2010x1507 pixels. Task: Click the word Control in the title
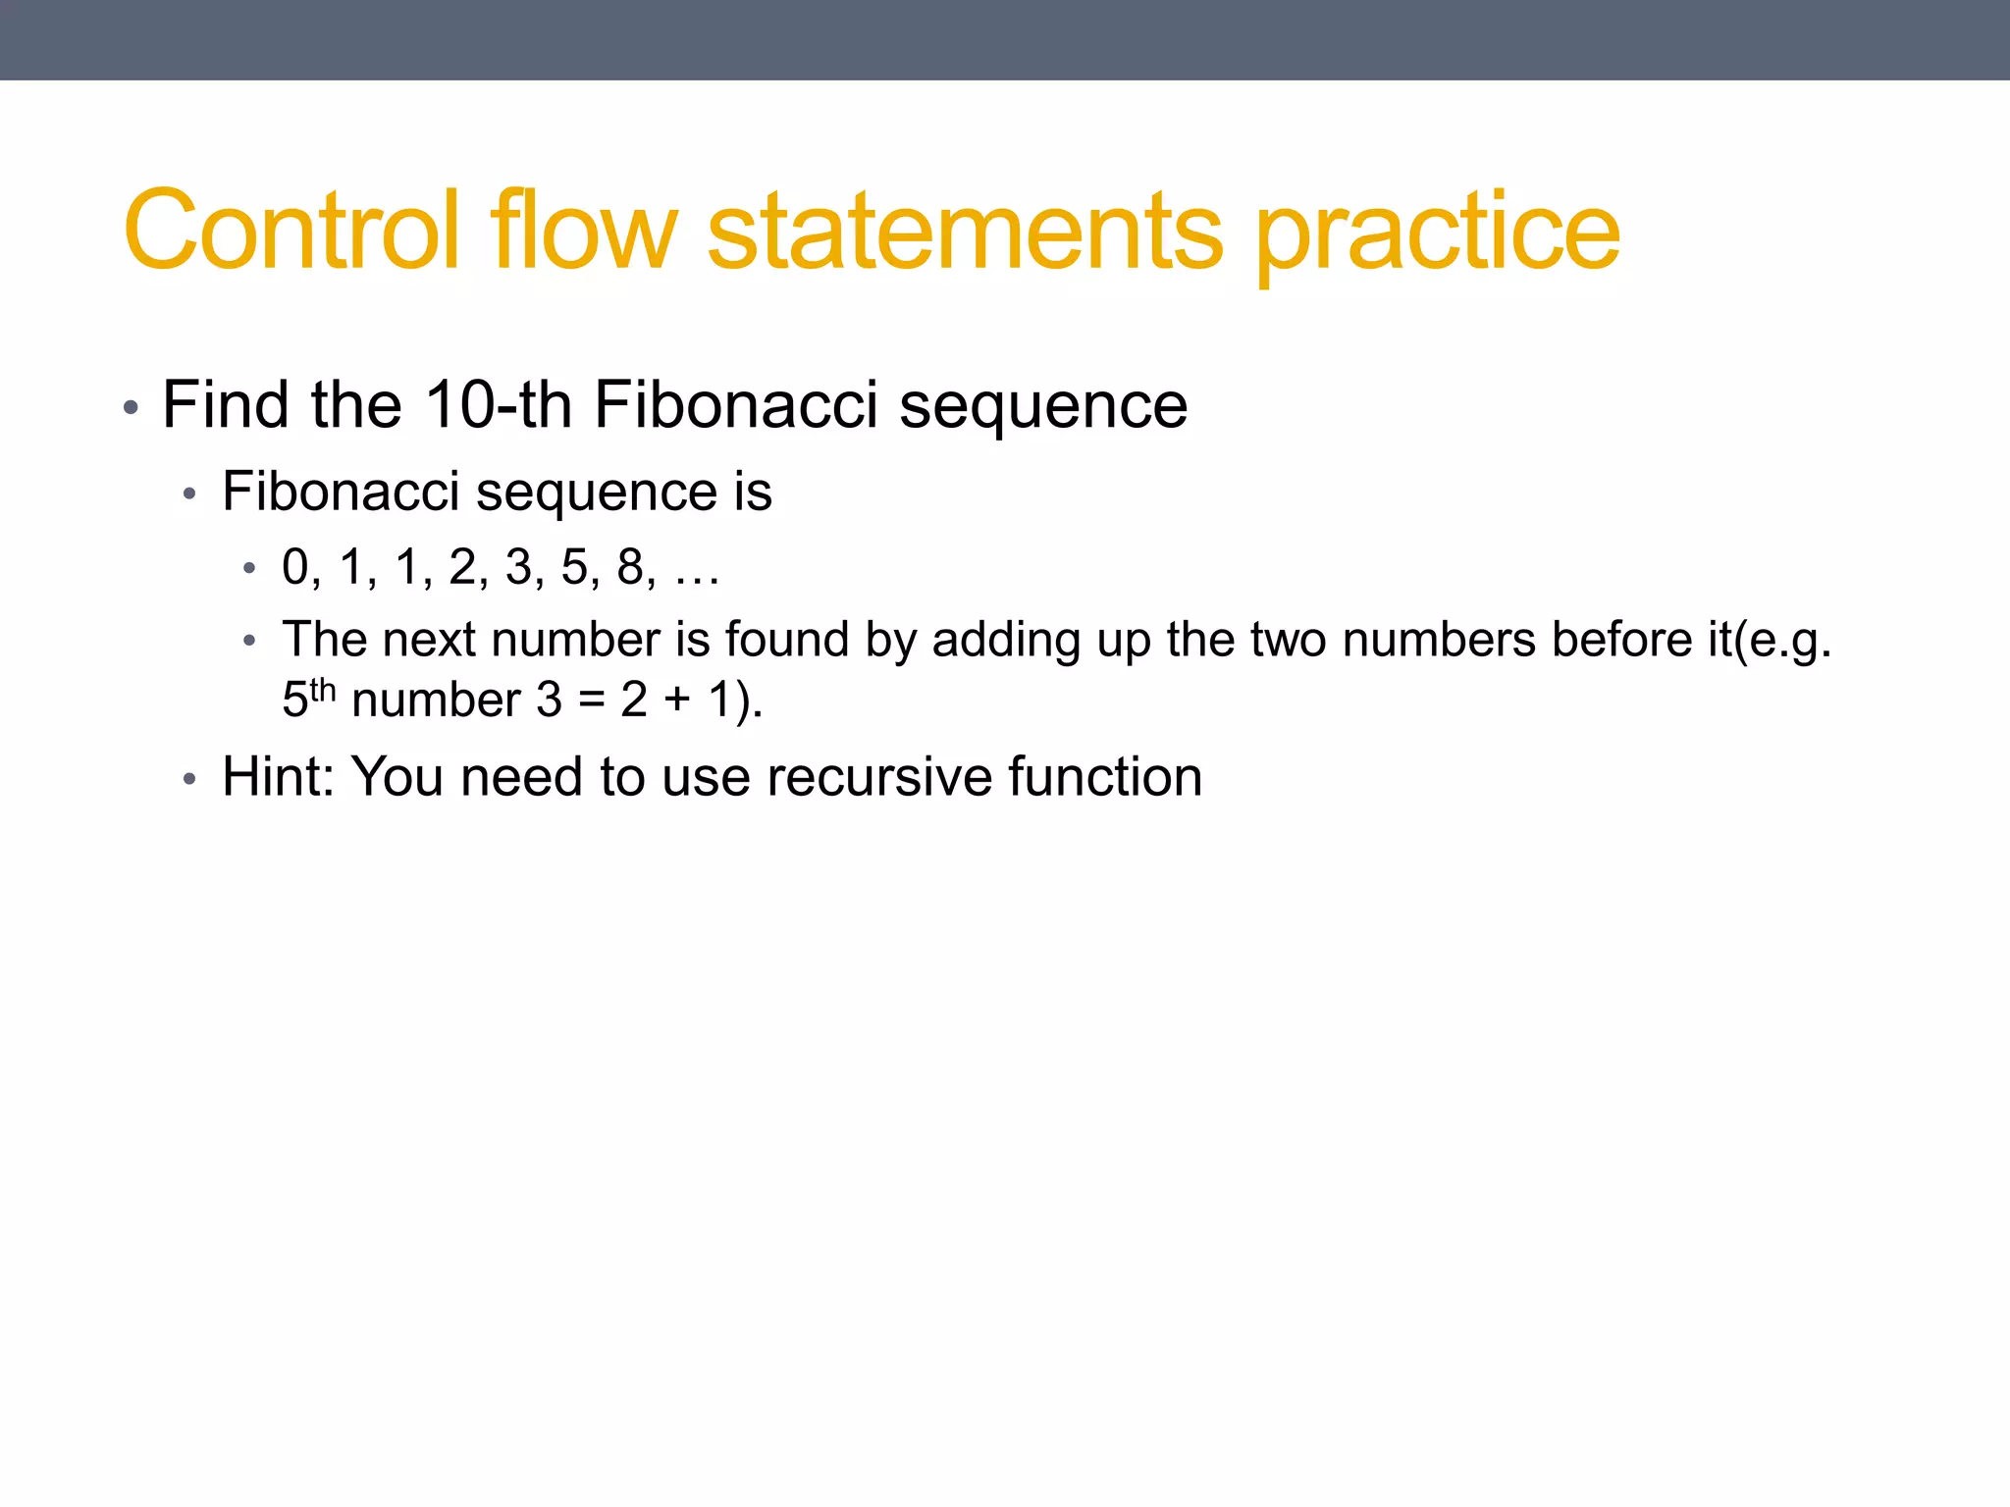tap(291, 231)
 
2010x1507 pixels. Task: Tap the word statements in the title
tap(966, 231)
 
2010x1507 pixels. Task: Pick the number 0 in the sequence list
tap(295, 567)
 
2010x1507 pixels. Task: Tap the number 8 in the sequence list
tap(630, 567)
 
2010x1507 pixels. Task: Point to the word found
tap(787, 640)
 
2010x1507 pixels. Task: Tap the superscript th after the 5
tap(323, 691)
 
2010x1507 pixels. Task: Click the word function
tap(1105, 777)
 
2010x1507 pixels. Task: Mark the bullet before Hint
tap(189, 781)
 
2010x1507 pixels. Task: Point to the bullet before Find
tap(131, 407)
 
